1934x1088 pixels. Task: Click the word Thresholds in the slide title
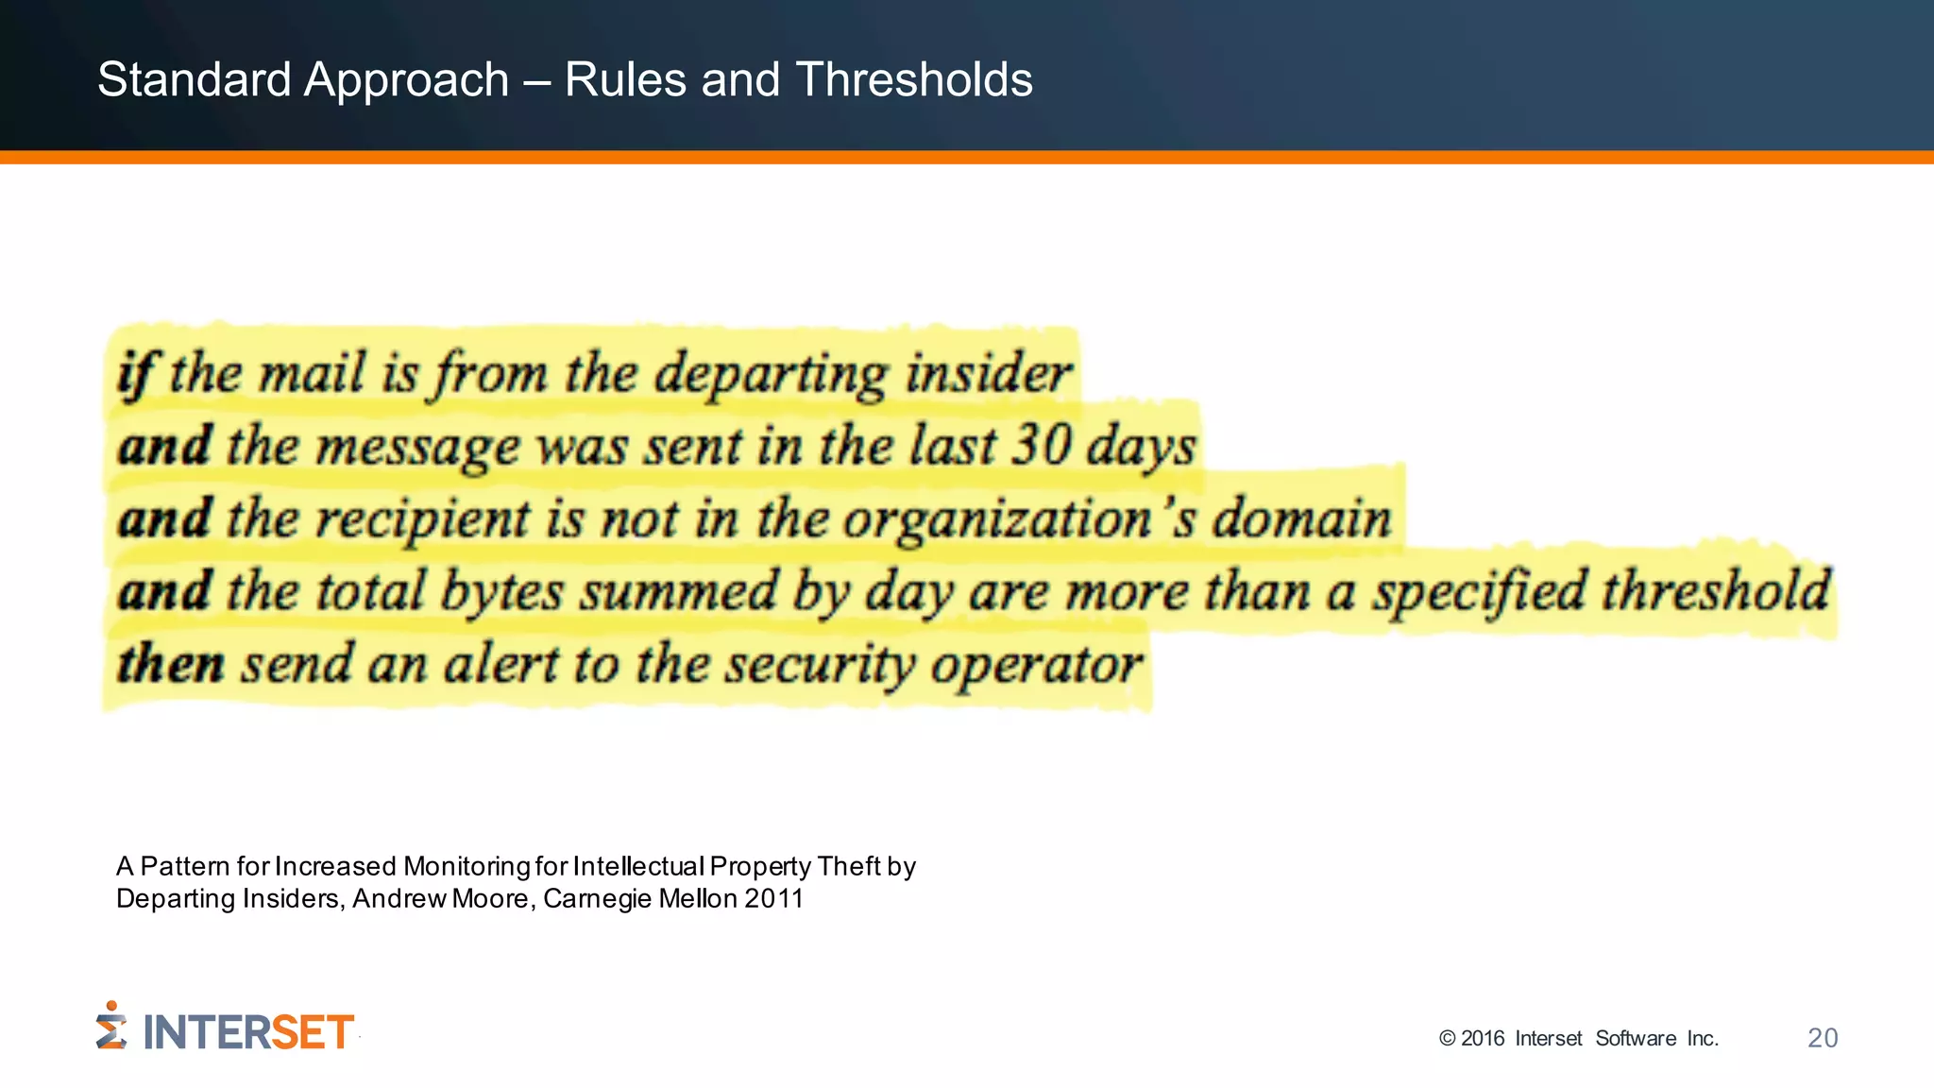913,79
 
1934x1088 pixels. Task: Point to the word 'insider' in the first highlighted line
989,373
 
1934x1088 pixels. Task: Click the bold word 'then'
171,663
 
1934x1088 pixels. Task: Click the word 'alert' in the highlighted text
500,663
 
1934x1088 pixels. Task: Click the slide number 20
1823,1038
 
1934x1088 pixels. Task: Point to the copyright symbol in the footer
1447,1039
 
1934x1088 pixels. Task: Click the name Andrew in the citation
399,898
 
